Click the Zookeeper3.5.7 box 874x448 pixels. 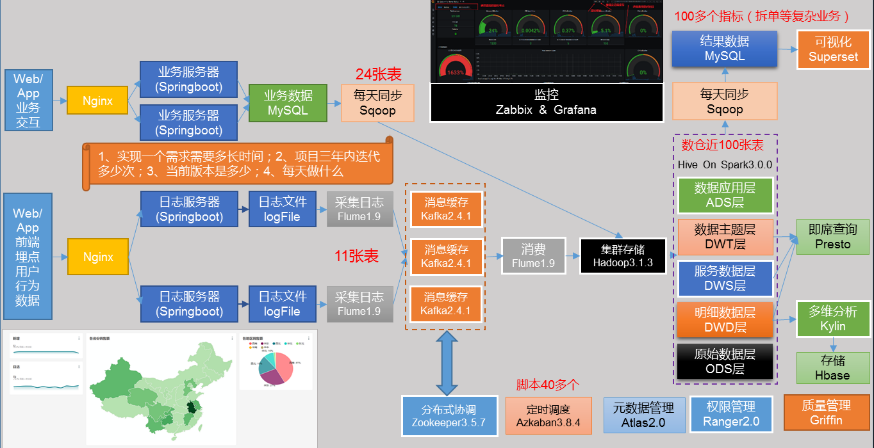coord(449,415)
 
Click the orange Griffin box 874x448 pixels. coord(826,413)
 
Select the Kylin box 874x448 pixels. coord(832,319)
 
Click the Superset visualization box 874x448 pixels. coord(833,49)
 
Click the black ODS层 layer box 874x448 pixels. coord(725,362)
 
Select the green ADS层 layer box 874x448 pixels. coord(725,196)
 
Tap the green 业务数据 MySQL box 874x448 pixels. coord(288,103)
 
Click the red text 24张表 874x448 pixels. coord(378,74)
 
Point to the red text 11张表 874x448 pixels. coord(356,257)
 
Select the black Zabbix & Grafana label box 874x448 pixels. coord(546,102)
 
